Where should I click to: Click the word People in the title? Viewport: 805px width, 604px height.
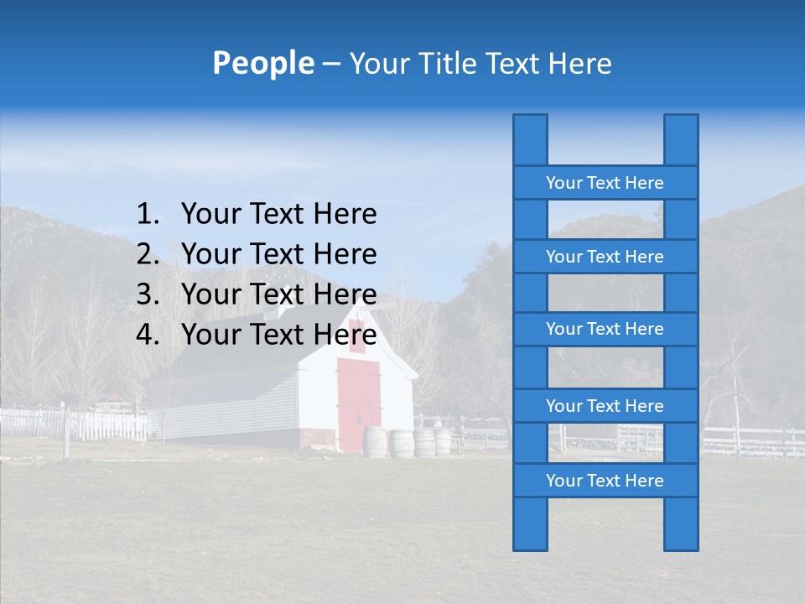pyautogui.click(x=262, y=63)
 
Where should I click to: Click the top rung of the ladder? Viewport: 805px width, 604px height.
pyautogui.click(x=605, y=183)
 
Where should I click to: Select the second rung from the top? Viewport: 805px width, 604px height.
pyautogui.click(x=605, y=257)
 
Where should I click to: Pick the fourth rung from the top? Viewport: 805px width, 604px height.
pyautogui.click(x=605, y=406)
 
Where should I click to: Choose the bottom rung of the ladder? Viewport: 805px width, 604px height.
pyautogui.click(x=605, y=481)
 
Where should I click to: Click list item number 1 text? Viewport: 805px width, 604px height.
pyautogui.click(x=278, y=215)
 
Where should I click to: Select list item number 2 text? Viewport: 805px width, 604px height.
pyautogui.click(x=278, y=254)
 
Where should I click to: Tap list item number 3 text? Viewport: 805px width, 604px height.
pyautogui.click(x=278, y=294)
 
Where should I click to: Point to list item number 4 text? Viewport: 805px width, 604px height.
pyautogui.click(x=278, y=335)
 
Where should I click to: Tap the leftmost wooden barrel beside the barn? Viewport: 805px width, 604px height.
pyautogui.click(x=375, y=442)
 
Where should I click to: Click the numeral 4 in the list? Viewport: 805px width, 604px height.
pyautogui.click(x=146, y=335)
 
